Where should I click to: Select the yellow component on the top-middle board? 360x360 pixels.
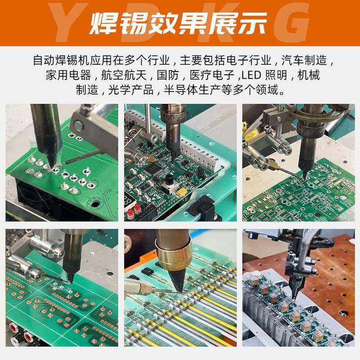tap(182, 192)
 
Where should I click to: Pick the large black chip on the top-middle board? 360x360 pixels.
tap(153, 169)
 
